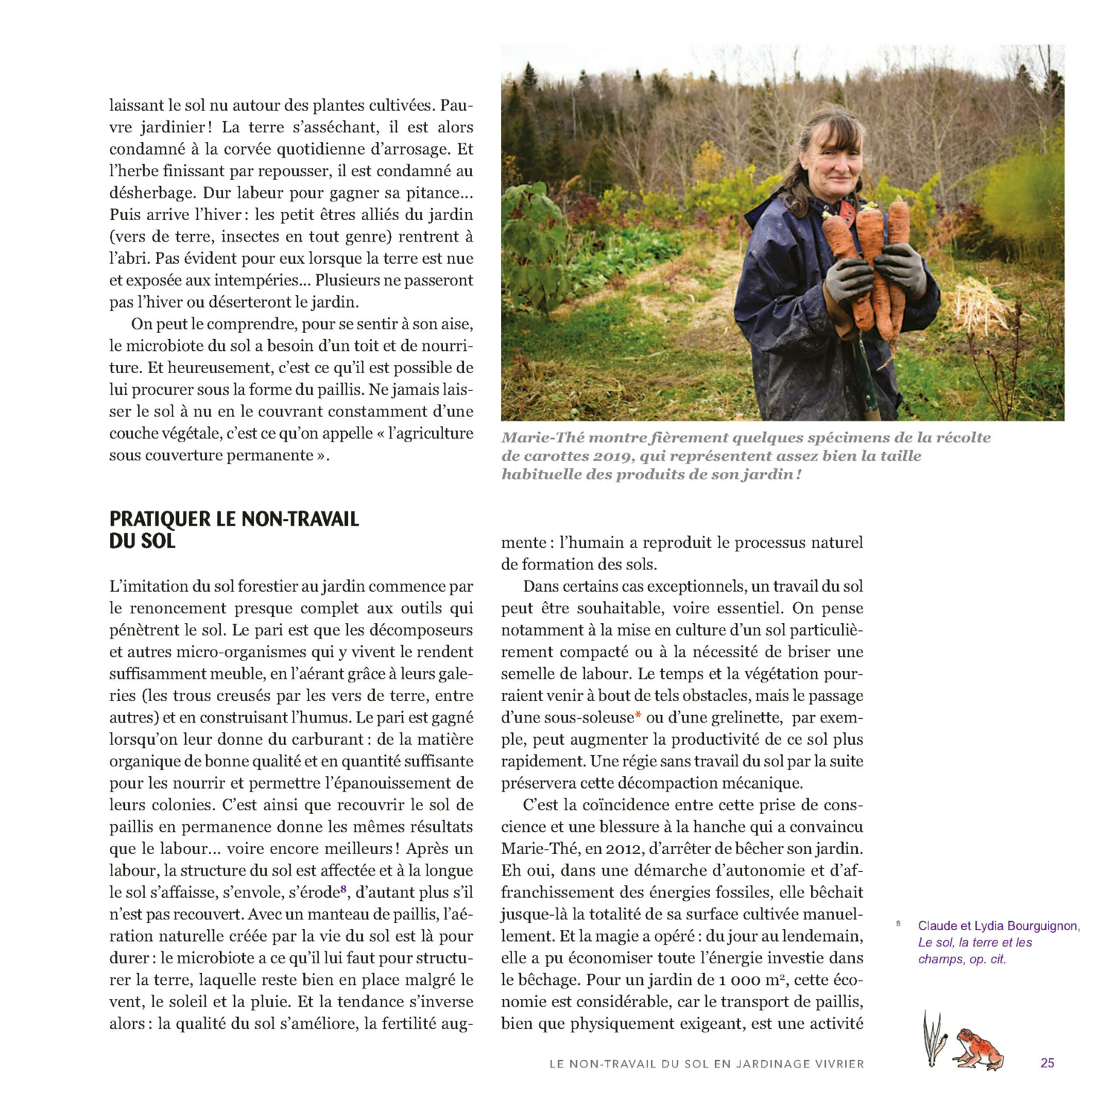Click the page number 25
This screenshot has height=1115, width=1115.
pos(1047,1063)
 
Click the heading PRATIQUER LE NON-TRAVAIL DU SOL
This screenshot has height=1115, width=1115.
pos(233,529)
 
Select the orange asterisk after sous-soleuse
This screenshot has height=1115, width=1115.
pos(638,717)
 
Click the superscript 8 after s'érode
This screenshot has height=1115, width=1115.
pos(343,889)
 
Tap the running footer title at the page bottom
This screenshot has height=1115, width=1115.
pos(706,1064)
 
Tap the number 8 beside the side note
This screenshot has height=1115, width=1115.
pos(898,924)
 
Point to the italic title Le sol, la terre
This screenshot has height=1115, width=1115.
pos(975,943)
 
